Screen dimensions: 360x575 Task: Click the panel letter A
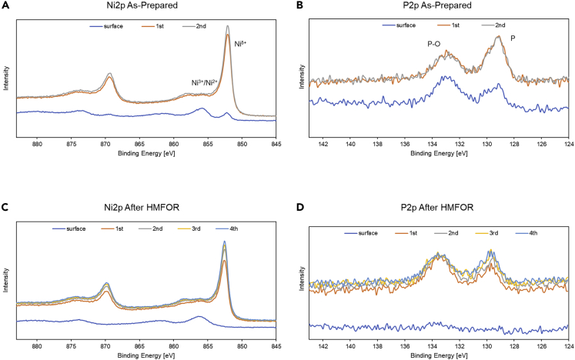[x=6, y=5]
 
